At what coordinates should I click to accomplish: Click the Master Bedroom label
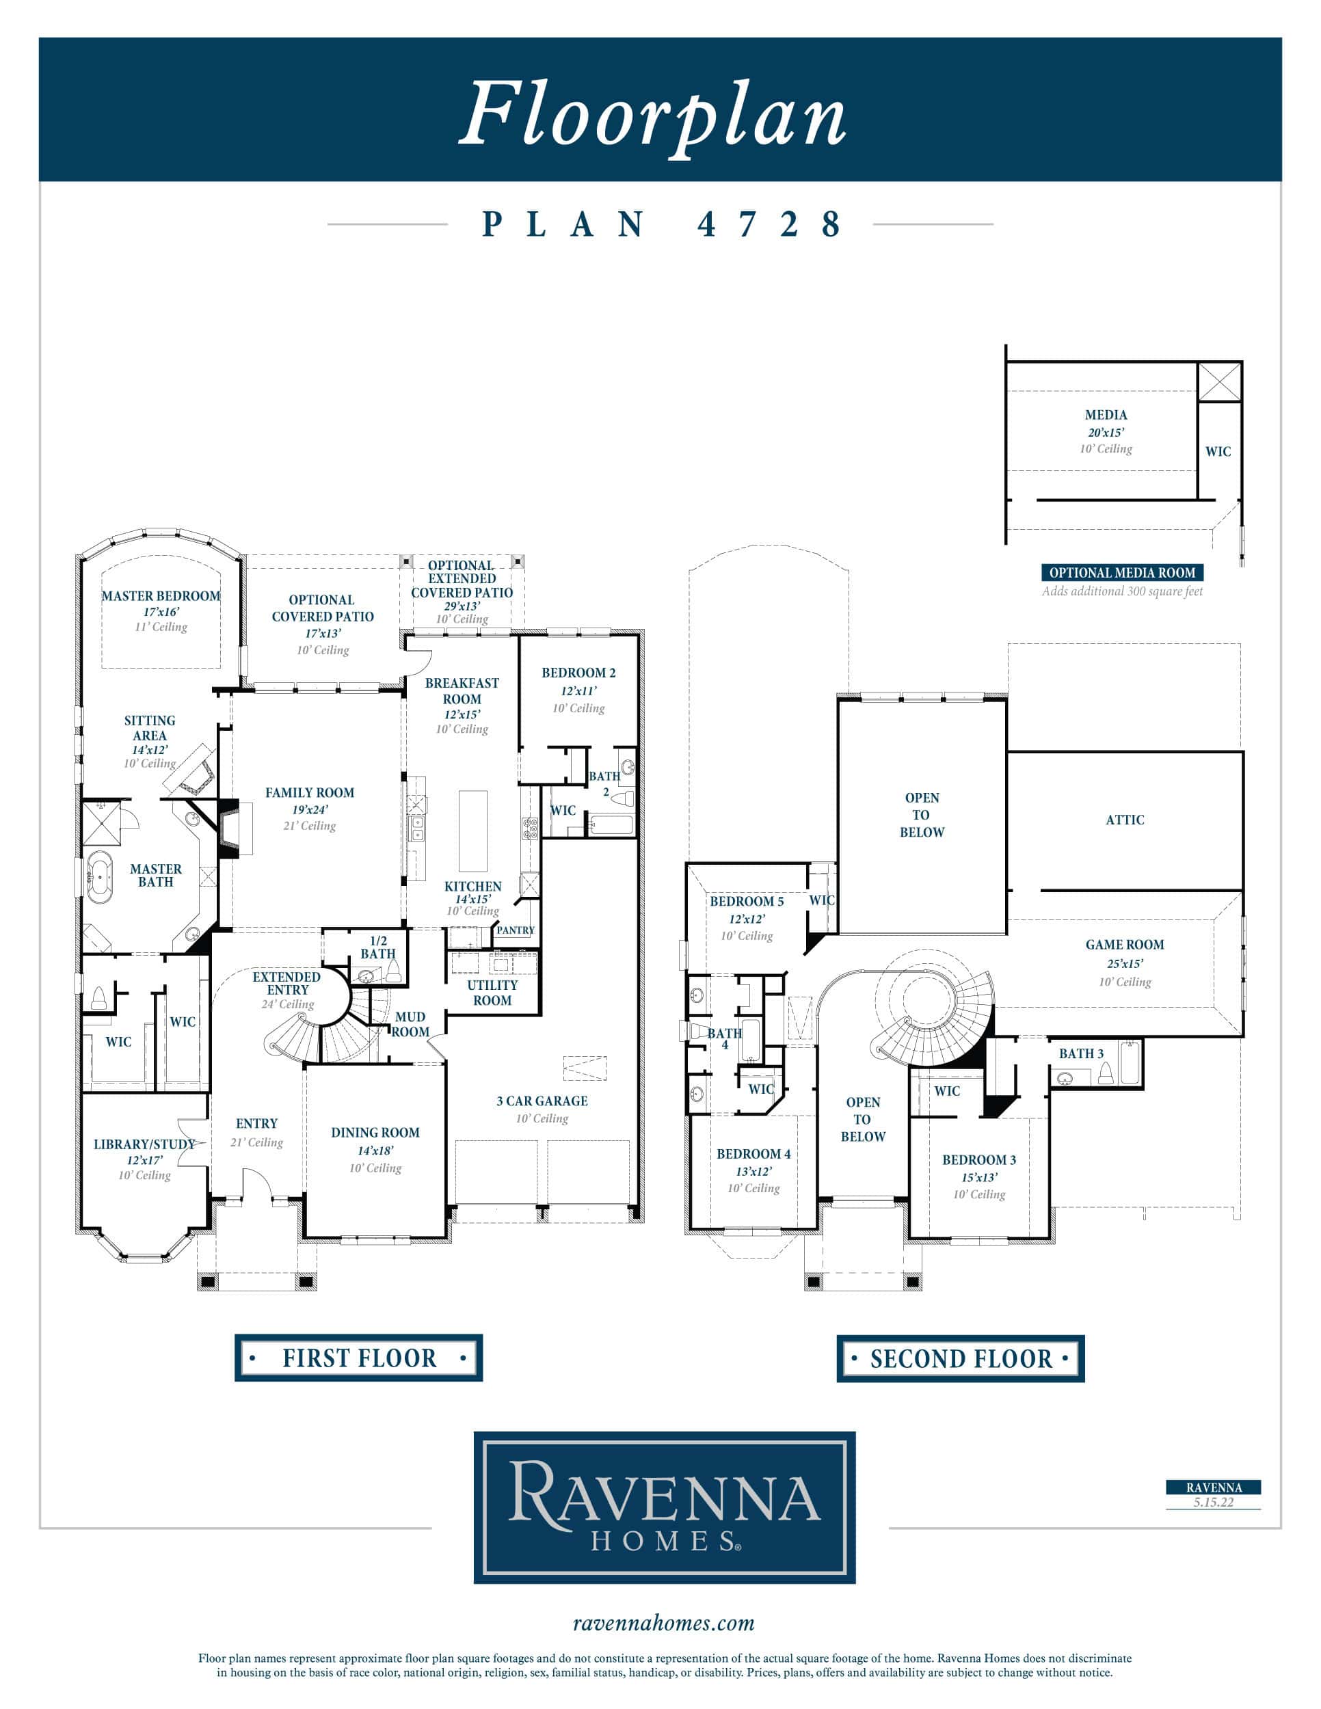[161, 595]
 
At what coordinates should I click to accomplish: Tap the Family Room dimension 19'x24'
[310, 810]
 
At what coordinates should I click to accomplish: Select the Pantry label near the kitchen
[516, 930]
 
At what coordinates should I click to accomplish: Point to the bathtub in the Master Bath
[99, 878]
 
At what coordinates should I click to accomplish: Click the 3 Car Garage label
[542, 1101]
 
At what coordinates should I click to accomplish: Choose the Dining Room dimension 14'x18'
[375, 1150]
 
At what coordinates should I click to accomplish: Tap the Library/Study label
[144, 1144]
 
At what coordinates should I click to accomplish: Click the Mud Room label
[411, 1024]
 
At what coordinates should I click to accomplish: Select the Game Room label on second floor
[1125, 945]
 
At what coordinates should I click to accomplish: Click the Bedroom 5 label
[747, 901]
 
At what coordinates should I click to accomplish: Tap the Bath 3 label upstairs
[1082, 1053]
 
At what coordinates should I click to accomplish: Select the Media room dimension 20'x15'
[1106, 432]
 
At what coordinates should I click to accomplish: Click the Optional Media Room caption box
[1122, 573]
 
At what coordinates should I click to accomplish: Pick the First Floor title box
[358, 1358]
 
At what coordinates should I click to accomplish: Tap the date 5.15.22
[1214, 1502]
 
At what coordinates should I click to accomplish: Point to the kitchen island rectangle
[472, 831]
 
